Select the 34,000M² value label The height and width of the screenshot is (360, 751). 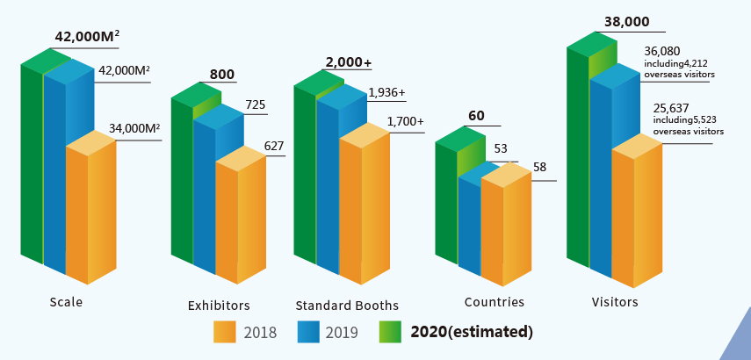[134, 128]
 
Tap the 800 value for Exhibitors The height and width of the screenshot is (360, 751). [222, 75]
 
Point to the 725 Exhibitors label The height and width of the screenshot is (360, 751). [256, 105]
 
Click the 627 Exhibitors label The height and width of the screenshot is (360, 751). [274, 146]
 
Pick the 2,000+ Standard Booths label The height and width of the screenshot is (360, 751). [348, 62]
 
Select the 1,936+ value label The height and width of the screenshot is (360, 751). [387, 91]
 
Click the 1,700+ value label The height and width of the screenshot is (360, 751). [406, 121]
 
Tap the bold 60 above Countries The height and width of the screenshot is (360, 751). [476, 116]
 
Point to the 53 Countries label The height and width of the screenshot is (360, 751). [501, 148]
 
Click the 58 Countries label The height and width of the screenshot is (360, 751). [540, 167]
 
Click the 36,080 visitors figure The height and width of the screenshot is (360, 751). [661, 53]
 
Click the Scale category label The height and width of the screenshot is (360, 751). [66, 302]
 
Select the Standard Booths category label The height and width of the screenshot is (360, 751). [347, 306]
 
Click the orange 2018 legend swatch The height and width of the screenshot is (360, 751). [225, 332]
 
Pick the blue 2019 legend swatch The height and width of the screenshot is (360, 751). [309, 332]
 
